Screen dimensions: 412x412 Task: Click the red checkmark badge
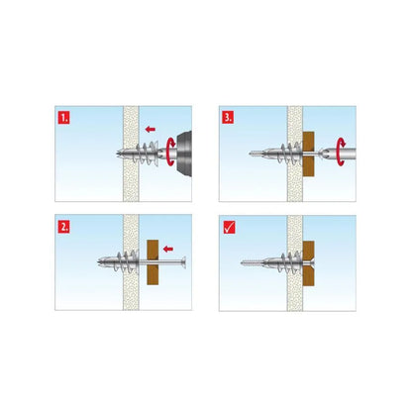(228, 225)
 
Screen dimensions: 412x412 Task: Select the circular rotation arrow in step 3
(342, 154)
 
